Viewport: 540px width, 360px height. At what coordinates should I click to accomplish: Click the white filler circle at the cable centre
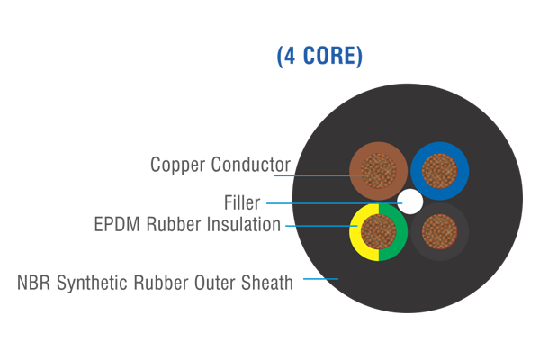[x=410, y=201]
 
